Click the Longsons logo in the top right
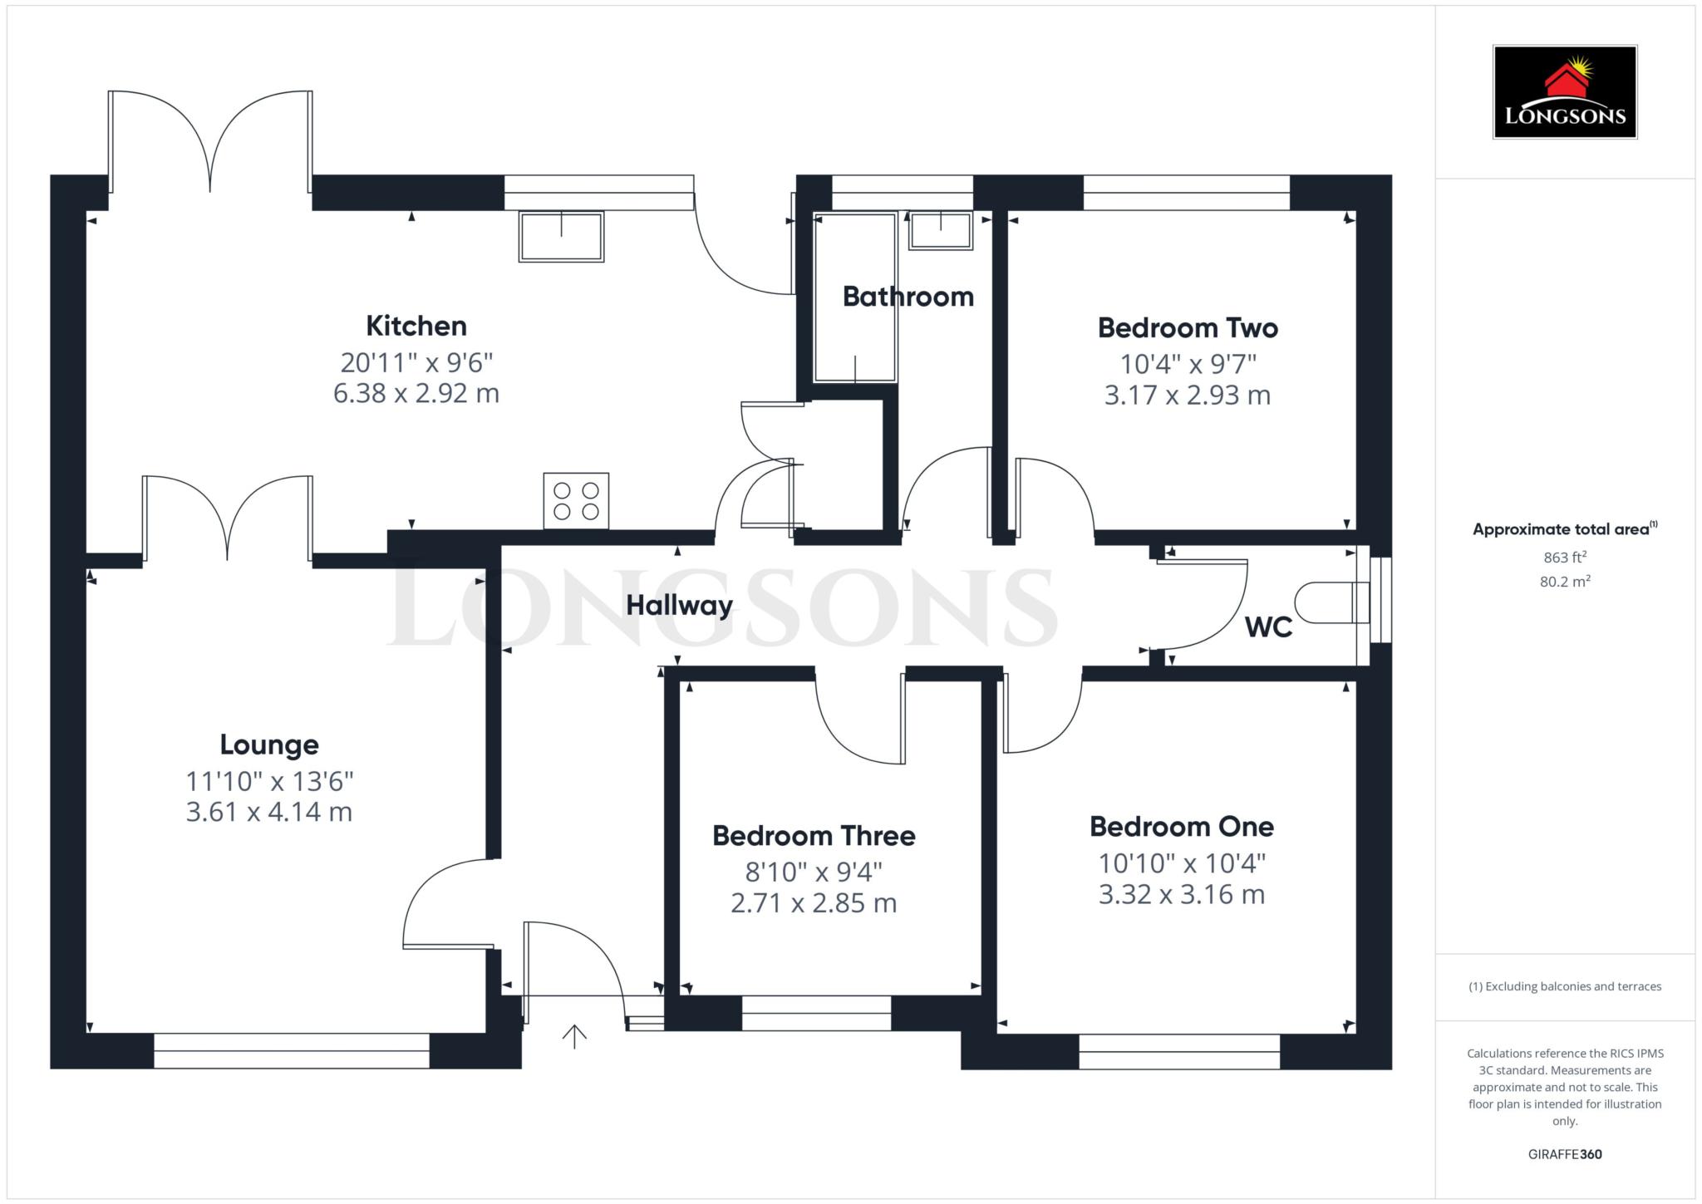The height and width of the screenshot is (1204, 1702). click(x=1565, y=92)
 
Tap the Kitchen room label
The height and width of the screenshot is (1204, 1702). click(x=416, y=326)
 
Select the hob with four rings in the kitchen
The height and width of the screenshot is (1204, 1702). click(x=576, y=500)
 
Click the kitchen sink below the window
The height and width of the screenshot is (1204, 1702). click(x=561, y=237)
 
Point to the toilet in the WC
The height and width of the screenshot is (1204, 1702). click(x=1331, y=602)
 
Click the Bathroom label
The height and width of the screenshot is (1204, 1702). click(x=908, y=297)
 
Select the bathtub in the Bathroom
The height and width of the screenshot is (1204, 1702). click(x=855, y=297)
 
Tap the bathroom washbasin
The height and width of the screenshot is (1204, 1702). click(x=940, y=230)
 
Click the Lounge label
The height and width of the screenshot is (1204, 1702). click(x=269, y=745)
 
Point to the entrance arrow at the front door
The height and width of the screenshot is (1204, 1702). click(x=574, y=1036)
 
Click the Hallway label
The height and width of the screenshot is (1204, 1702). click(x=680, y=606)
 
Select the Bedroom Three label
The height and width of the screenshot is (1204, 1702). click(x=814, y=836)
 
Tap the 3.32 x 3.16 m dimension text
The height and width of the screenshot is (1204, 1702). click(x=1182, y=895)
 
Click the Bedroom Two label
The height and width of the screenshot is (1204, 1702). click(x=1188, y=328)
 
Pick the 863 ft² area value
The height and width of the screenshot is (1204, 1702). click(x=1565, y=558)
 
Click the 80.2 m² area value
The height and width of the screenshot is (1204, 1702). click(x=1565, y=582)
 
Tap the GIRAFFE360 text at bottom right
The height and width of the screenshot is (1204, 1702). click(x=1565, y=1154)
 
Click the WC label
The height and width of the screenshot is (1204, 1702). click(x=1268, y=627)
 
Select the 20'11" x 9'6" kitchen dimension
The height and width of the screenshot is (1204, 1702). click(x=416, y=363)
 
